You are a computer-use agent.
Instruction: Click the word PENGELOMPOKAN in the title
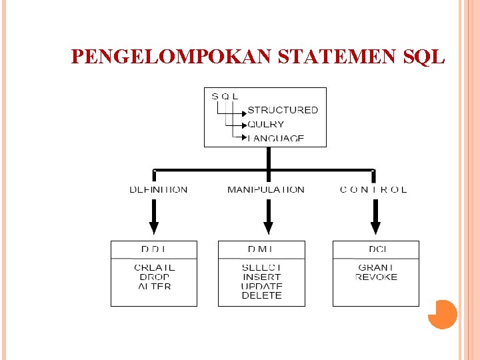click(171, 57)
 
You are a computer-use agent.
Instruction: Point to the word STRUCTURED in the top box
click(283, 110)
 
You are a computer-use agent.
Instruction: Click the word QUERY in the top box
click(265, 124)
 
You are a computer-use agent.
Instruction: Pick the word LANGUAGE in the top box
click(275, 138)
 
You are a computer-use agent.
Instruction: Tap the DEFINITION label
click(159, 190)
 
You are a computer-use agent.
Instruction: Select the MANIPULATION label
click(266, 190)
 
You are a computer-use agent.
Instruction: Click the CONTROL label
click(373, 190)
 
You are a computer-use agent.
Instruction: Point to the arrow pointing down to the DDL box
click(153, 217)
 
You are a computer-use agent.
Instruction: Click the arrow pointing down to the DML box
click(268, 217)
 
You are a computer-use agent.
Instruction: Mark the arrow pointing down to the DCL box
click(375, 217)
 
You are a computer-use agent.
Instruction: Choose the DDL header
click(155, 250)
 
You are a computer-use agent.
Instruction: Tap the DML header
click(261, 250)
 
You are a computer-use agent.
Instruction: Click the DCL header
click(377, 250)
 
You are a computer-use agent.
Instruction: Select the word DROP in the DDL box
click(155, 277)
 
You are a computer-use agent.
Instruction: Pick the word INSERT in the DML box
click(261, 277)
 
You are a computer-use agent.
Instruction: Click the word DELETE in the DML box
click(261, 295)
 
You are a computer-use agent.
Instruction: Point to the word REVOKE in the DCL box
click(377, 277)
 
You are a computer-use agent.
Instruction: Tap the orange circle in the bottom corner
click(442, 314)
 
